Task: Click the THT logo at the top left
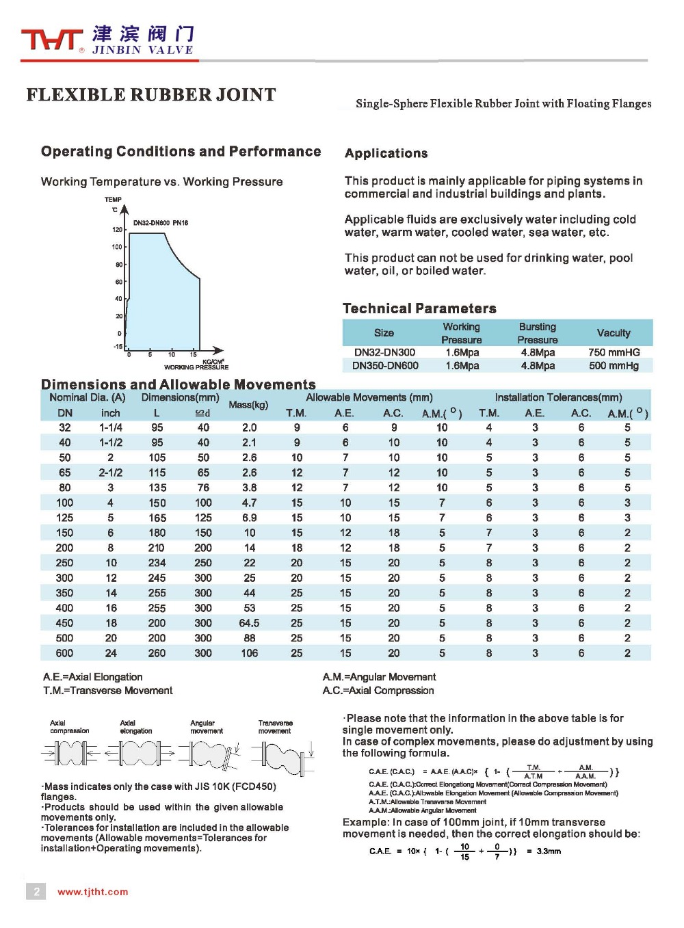[x=51, y=40]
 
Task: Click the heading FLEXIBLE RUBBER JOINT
[x=151, y=95]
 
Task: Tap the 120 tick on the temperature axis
[x=118, y=230]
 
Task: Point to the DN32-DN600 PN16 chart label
[x=161, y=223]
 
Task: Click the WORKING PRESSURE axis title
[x=196, y=367]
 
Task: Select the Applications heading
[x=386, y=153]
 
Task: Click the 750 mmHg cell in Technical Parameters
[x=614, y=352]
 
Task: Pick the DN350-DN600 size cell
[x=385, y=365]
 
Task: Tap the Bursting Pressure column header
[x=537, y=333]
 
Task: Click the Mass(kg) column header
[x=248, y=405]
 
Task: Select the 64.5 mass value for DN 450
[x=249, y=623]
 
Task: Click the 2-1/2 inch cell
[x=111, y=473]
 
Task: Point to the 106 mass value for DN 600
[x=249, y=653]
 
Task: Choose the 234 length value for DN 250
[x=157, y=563]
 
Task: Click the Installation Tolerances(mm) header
[x=558, y=397]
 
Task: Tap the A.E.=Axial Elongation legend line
[x=93, y=677]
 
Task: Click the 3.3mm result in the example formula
[x=549, y=851]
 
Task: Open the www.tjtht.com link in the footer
[x=93, y=892]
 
